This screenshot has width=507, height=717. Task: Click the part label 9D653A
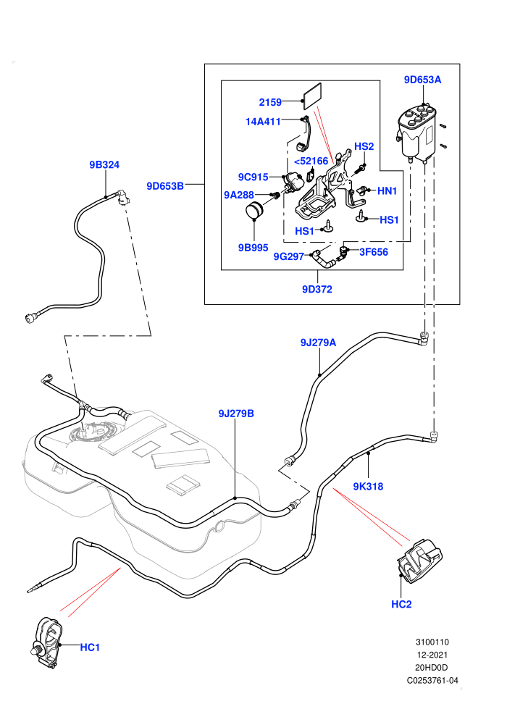click(x=422, y=80)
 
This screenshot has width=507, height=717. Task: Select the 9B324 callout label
click(x=104, y=164)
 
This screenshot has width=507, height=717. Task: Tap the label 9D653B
click(x=165, y=186)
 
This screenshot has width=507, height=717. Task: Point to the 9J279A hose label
click(x=318, y=343)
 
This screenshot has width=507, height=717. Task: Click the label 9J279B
click(x=236, y=414)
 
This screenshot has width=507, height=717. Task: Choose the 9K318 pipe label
click(x=368, y=487)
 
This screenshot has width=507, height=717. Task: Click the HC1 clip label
click(x=90, y=647)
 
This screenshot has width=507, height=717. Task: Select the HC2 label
click(x=401, y=605)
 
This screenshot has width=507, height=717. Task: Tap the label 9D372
click(x=317, y=290)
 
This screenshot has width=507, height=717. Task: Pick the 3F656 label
click(x=374, y=252)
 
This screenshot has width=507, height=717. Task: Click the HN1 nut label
click(x=387, y=190)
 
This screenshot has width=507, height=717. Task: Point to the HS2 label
click(x=364, y=146)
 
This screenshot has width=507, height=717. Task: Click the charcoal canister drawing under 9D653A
click(x=416, y=133)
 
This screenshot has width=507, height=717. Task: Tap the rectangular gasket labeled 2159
click(x=312, y=96)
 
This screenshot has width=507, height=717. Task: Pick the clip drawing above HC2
click(x=419, y=561)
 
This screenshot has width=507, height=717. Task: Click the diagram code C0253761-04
click(x=432, y=680)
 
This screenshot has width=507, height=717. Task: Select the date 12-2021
click(x=432, y=655)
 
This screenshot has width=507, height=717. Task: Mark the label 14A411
click(x=263, y=121)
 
